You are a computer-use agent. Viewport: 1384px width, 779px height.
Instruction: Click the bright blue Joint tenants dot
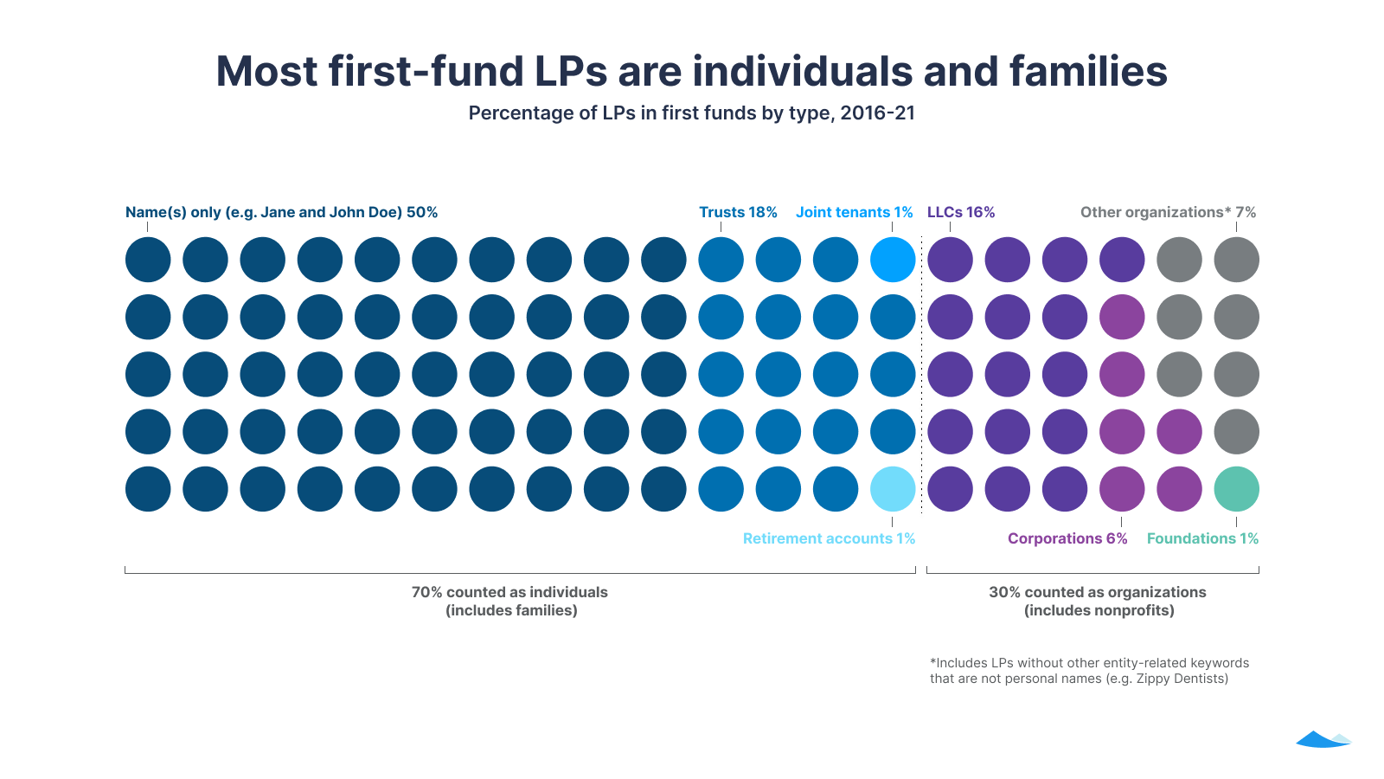pos(893,260)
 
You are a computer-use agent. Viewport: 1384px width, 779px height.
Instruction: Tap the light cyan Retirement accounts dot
pos(893,489)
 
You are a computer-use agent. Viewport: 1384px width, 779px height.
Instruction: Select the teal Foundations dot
pos(1236,489)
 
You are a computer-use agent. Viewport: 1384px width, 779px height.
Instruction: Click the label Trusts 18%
pos(738,212)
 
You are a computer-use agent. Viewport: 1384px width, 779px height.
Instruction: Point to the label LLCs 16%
pos(961,212)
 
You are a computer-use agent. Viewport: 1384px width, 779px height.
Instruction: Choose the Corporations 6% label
pos(1067,538)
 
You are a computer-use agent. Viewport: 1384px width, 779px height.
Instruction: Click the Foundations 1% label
pos(1202,538)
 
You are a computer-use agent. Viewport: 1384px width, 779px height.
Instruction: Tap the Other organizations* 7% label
pos(1168,212)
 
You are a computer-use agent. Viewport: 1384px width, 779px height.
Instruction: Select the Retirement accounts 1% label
pos(829,538)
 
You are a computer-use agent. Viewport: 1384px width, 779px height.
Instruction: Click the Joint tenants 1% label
pos(854,212)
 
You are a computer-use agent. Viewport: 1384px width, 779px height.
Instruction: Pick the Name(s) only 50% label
pos(281,212)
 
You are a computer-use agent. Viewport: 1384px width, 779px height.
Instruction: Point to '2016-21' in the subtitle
pos(877,113)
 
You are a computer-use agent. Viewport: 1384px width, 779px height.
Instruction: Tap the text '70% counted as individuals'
pos(509,592)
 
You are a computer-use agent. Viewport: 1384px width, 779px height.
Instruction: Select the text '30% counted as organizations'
pos(1097,592)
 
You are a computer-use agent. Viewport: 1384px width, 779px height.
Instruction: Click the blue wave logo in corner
pos(1323,739)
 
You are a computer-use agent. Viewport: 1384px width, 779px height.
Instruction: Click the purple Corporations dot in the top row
pos(1122,317)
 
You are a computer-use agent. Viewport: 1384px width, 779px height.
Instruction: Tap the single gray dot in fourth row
pos(1236,432)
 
